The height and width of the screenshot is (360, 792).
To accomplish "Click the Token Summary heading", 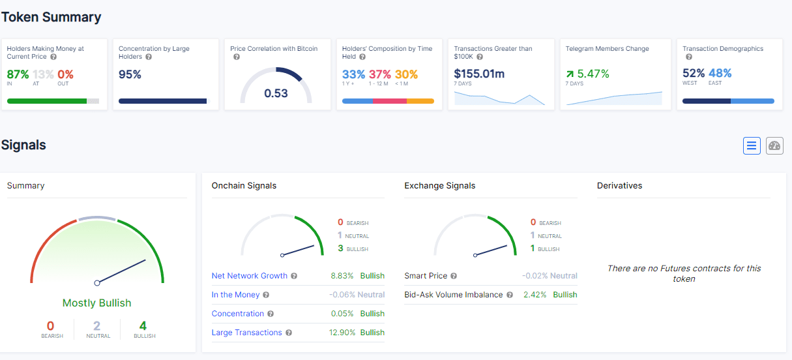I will point(51,17).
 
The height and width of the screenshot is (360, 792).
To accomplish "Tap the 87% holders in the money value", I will point(18,74).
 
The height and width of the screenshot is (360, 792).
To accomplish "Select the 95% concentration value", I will point(130,74).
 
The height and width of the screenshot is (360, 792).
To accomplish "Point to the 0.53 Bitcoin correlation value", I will point(276,93).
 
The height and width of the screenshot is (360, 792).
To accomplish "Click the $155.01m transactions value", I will point(479,74).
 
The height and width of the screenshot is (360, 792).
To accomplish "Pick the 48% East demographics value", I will point(720,73).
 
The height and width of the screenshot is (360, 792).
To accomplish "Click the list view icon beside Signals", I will point(752,145).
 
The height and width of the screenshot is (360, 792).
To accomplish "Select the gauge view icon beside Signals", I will point(774,145).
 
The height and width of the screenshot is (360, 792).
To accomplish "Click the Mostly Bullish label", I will point(96,303).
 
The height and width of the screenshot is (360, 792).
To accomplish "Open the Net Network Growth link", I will point(249,276).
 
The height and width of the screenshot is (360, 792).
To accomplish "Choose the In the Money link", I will point(235,295).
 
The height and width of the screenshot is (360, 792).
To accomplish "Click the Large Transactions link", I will point(246,333).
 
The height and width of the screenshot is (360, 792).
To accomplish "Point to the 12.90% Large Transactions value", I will point(343,333).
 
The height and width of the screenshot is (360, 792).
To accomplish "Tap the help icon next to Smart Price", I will point(454,276).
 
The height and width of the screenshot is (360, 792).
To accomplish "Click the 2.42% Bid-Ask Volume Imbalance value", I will point(535,295).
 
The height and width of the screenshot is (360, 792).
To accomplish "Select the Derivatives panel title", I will point(619,186).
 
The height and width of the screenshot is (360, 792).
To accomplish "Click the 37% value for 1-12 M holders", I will point(380,74).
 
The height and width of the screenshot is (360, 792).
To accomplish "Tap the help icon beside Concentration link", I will point(271,314).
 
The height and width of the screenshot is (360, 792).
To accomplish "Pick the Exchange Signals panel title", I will point(439,186).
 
